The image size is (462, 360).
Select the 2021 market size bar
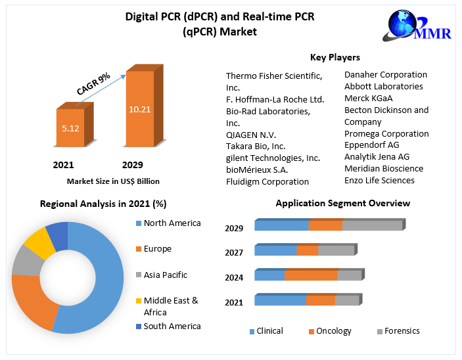coord(70,129)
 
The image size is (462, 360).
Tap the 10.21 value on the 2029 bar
coord(140,109)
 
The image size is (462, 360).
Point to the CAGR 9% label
coord(93,85)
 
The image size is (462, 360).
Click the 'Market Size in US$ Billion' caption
coord(113,181)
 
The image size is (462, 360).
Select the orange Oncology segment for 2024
coord(311,275)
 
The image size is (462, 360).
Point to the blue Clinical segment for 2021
coord(280,300)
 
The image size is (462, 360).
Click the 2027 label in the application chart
coord(234,252)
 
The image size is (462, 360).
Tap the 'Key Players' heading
coord(335,57)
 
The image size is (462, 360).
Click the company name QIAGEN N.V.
coord(250,135)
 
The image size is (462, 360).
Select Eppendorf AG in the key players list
coord(371,145)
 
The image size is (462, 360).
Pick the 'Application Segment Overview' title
coord(342,203)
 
